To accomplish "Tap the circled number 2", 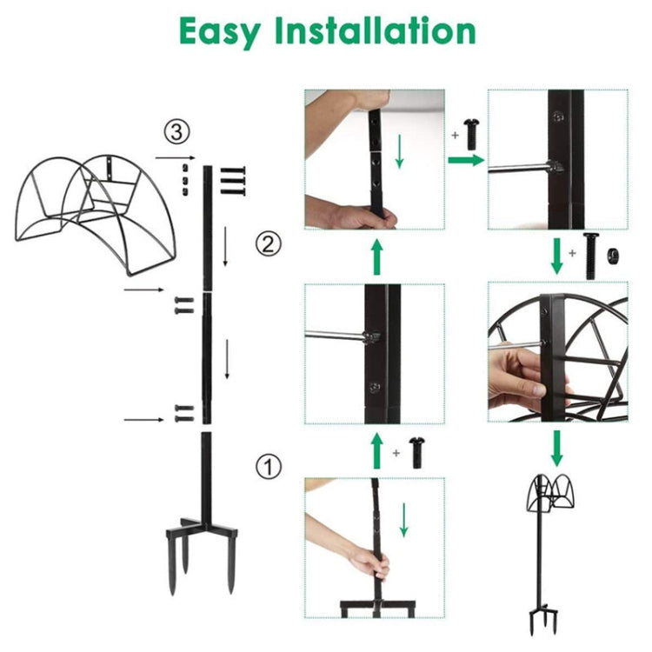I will coord(269,243).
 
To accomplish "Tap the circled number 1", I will coord(269,467).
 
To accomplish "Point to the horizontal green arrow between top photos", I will coord(464,160).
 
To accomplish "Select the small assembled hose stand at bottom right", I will coord(554,548).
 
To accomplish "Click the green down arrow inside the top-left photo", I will coord(399,151).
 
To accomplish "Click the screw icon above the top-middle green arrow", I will coord(472,134).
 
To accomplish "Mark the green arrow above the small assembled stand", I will coord(556,448).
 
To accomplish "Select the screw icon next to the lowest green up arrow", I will coord(414,453).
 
